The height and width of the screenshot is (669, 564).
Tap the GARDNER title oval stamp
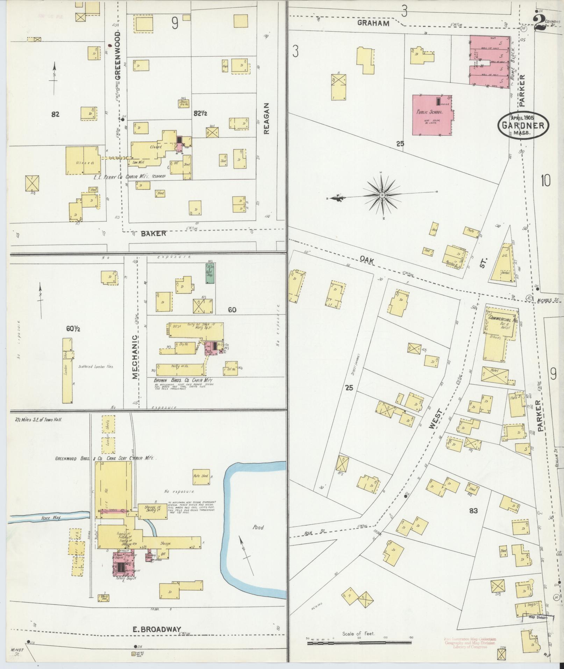[x=523, y=125]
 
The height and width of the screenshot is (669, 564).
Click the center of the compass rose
[x=382, y=194]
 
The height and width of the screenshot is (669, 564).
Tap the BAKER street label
[x=154, y=233]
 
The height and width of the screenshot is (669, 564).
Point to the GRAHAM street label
[x=373, y=23]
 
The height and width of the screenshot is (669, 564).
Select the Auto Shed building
[x=201, y=476]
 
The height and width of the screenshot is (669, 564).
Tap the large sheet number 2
[x=542, y=24]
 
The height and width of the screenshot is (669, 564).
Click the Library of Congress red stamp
[x=470, y=642]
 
